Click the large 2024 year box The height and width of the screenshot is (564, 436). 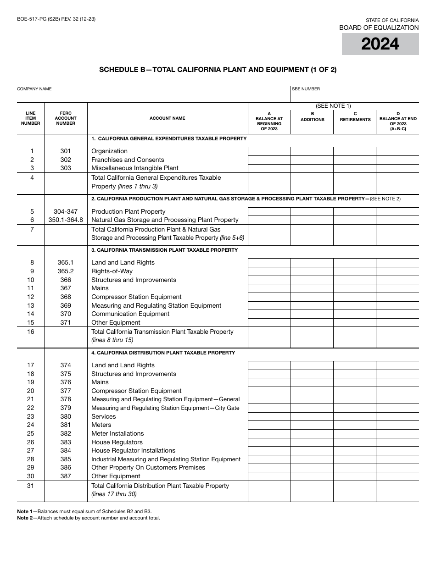pos(380,44)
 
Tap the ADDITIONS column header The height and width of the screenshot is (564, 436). pos(312,117)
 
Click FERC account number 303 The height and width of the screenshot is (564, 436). pos(66,168)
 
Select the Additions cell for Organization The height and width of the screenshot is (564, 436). pos(312,151)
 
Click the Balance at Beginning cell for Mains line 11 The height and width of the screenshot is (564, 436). pos(269,288)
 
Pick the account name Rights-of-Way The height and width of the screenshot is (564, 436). pos(112,271)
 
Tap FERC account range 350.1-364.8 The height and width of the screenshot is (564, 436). pos(66,220)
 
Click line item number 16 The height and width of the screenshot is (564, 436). pos(31,332)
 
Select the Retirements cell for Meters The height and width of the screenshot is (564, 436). pos(355,425)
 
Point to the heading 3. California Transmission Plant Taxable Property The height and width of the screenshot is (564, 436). pos(164,250)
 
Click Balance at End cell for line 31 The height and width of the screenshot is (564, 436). pos(397,491)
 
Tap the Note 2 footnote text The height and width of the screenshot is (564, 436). pos(89,518)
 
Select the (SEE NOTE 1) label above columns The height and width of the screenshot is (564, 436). pos(333,106)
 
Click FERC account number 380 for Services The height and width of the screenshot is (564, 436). pos(66,417)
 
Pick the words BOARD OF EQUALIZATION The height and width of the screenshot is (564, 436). pos(379,28)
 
